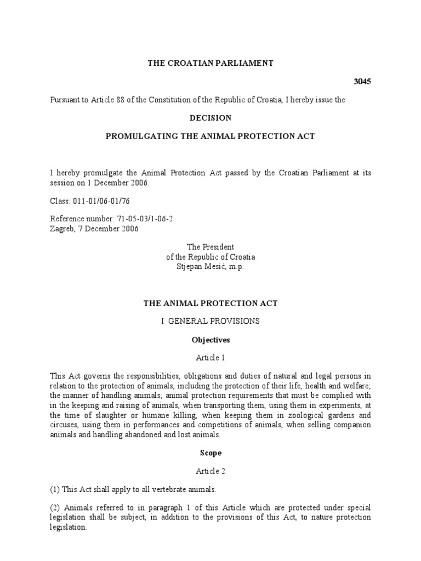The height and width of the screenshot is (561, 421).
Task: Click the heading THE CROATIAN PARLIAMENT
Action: pos(210,64)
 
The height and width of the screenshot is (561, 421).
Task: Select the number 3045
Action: pos(362,82)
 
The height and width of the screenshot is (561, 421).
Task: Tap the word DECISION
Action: pos(210,118)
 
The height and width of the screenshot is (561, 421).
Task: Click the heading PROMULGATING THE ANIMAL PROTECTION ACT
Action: pos(210,136)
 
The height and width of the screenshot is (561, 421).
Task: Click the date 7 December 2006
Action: pos(108,228)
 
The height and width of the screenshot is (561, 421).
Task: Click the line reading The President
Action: pos(210,248)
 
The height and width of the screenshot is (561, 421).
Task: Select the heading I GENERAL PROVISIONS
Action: pos(210,321)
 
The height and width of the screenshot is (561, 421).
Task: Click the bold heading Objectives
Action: pos(210,340)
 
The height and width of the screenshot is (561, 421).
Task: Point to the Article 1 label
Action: pos(210,358)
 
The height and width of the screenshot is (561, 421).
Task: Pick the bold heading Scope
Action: pos(210,453)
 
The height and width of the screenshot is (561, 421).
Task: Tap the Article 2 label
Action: pos(210,471)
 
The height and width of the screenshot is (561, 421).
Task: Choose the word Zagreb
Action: pos(61,228)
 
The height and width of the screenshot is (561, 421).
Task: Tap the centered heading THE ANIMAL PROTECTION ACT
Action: pos(210,302)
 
